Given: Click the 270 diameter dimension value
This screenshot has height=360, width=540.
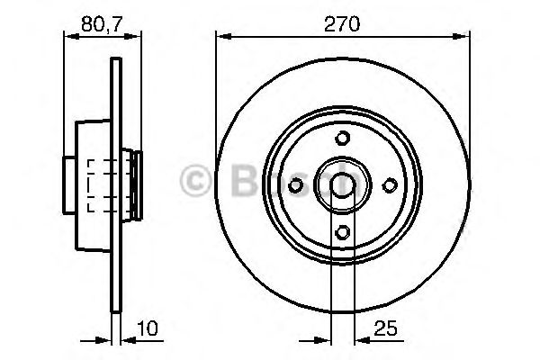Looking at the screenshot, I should click(342, 24).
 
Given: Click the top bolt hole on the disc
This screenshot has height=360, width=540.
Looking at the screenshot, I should click(342, 138).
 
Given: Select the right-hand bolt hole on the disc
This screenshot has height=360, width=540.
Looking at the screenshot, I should click(389, 184).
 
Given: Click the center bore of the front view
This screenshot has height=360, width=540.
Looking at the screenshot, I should click(342, 184).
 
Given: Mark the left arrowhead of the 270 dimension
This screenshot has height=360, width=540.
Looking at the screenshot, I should click(222, 36).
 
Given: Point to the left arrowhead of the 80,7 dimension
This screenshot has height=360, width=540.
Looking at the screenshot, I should click(68, 36).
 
